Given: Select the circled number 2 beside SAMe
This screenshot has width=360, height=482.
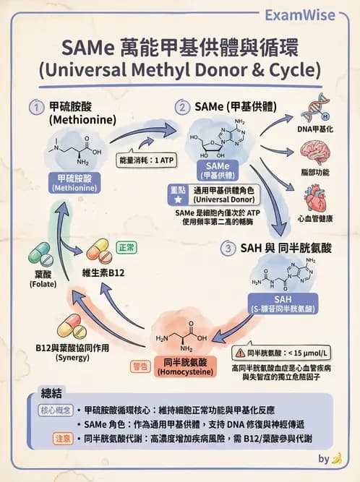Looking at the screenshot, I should pyautogui.click(x=182, y=107).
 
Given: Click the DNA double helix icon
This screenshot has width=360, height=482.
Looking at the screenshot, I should pyautogui.click(x=315, y=109).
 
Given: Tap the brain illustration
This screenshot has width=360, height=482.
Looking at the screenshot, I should pyautogui.click(x=315, y=152).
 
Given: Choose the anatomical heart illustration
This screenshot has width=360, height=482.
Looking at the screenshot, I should pyautogui.click(x=315, y=195).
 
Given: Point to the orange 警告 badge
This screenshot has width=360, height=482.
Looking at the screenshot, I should pyautogui.click(x=140, y=366).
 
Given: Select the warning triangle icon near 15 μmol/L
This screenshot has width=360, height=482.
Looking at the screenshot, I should pyautogui.click(x=238, y=353).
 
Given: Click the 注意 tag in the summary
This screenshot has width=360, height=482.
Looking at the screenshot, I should pyautogui.click(x=63, y=438).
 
